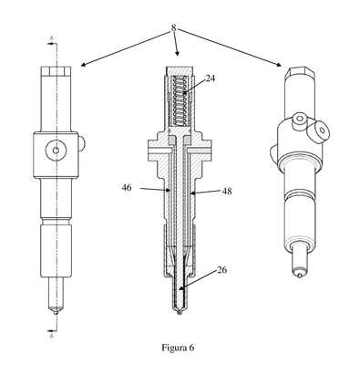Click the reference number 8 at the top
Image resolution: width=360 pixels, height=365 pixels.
point(173,27)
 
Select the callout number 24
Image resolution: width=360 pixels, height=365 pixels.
point(211,78)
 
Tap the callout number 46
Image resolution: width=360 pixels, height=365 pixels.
point(127,188)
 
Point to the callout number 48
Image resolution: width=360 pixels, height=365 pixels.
point(227,191)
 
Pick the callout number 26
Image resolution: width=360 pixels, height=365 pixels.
point(222,270)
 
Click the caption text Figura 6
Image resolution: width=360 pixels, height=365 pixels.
point(178,348)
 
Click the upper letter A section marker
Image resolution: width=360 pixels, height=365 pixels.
point(51,38)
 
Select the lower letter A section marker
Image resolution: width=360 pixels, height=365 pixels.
point(51,336)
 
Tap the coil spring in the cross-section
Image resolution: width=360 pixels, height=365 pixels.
point(179,100)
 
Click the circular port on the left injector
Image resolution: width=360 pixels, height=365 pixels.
point(56,150)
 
